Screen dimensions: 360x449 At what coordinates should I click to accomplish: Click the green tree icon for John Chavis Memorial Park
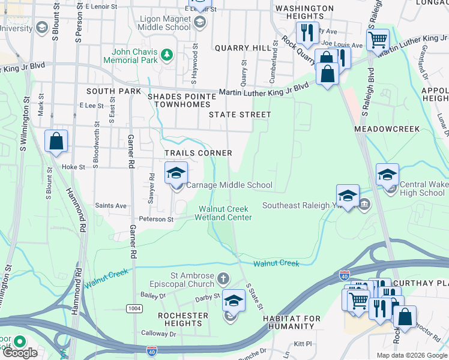pyautogui.click(x=167, y=56)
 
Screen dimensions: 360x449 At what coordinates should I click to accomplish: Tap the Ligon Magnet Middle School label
pyautogui.click(x=165, y=23)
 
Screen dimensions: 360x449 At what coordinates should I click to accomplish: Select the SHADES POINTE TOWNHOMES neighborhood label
pyautogui.click(x=181, y=100)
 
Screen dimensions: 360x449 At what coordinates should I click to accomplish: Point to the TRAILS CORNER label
pyautogui.click(x=198, y=154)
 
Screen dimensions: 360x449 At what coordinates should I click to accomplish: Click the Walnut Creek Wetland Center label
pyautogui.click(x=225, y=213)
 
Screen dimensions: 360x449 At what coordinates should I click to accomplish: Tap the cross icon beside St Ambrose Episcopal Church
pyautogui.click(x=223, y=278)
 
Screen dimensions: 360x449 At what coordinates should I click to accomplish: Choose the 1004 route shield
pyautogui.click(x=134, y=308)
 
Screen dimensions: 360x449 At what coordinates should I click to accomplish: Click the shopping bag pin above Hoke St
pyautogui.click(x=56, y=142)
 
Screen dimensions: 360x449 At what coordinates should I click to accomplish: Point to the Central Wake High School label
pyautogui.click(x=423, y=188)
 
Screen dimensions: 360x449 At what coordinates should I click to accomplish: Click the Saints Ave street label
pyautogui.click(x=110, y=206)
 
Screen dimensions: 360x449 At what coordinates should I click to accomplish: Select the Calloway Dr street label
pyautogui.click(x=157, y=333)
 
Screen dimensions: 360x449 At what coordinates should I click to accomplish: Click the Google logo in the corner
pyautogui.click(x=19, y=353)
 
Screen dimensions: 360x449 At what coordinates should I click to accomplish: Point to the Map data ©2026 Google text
pyautogui.click(x=411, y=355)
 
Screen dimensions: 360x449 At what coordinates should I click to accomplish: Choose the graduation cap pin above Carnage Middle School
pyautogui.click(x=176, y=173)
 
